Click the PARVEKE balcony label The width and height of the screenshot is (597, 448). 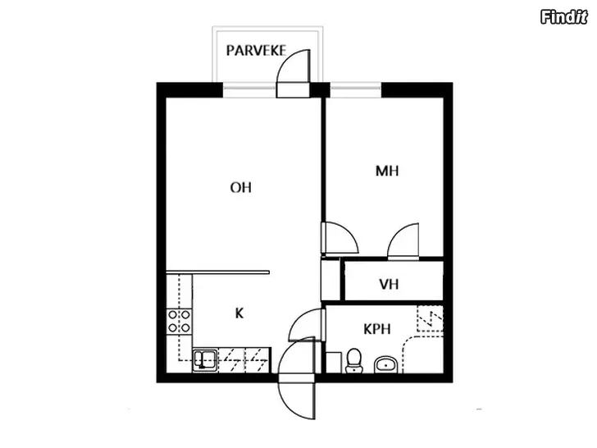pos(256,51)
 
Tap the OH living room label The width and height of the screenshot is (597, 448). pos(240,187)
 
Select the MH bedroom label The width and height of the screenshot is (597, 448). pos(387,171)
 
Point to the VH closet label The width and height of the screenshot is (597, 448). pos(389,284)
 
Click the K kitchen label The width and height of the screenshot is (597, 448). pos(239,313)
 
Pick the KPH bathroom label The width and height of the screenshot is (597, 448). pos(377,329)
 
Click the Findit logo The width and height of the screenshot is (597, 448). pos(564,17)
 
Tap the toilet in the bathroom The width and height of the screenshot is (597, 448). pos(354,360)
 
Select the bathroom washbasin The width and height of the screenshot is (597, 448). pos(386,364)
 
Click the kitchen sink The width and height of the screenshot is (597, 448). pos(205,360)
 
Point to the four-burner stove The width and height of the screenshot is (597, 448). pos(180,321)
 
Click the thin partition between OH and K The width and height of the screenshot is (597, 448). pos(218,272)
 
